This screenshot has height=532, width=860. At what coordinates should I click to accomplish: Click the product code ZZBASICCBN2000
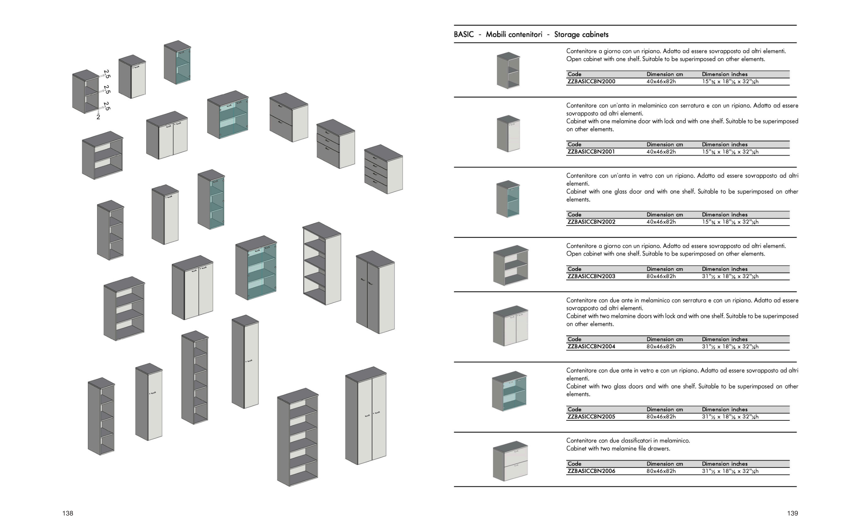point(591,82)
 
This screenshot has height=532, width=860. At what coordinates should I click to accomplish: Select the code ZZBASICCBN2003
point(591,276)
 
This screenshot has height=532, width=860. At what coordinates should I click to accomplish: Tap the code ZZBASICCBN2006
point(591,471)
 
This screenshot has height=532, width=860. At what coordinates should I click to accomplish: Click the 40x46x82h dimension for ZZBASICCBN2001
point(660,152)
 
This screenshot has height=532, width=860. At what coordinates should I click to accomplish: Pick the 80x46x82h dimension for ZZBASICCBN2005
point(660,417)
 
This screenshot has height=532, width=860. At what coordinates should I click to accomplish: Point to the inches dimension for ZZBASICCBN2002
point(730,222)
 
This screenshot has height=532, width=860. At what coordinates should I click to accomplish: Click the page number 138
point(68,513)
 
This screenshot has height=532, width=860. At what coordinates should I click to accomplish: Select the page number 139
point(792,513)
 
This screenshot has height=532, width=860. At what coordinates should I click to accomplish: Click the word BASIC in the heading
point(464,34)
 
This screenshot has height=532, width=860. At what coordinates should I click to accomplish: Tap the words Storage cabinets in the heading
point(581,34)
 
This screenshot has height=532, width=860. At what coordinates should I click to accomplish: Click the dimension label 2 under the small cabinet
point(98,117)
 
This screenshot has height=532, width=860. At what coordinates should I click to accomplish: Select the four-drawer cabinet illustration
point(384,169)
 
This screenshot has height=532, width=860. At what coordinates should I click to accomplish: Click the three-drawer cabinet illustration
point(335,144)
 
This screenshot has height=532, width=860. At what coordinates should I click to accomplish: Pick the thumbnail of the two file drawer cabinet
point(510,461)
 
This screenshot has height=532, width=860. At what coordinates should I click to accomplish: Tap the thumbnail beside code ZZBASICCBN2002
point(508,199)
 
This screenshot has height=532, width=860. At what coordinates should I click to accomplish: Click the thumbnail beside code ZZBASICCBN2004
point(510,326)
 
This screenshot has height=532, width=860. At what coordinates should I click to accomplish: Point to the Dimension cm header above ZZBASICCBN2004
point(665,340)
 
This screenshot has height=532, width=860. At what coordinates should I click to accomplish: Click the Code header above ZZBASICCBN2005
point(574,409)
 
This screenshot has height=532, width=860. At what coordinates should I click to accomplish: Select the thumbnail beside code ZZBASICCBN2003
point(510,265)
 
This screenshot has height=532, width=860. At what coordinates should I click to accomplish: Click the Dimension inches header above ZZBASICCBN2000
point(724,74)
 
